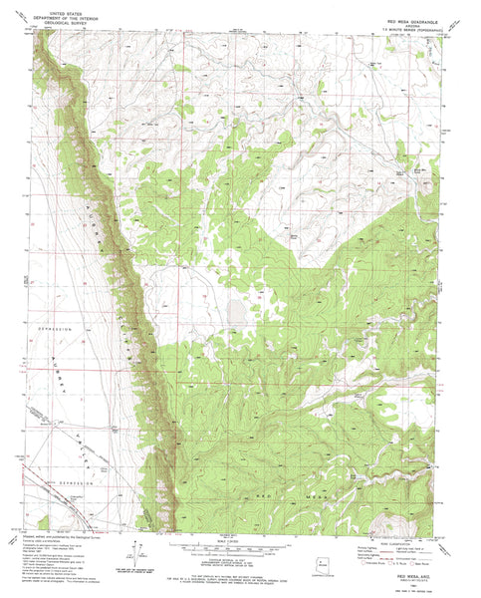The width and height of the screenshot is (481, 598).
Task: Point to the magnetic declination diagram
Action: pyautogui.click(x=127, y=554)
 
